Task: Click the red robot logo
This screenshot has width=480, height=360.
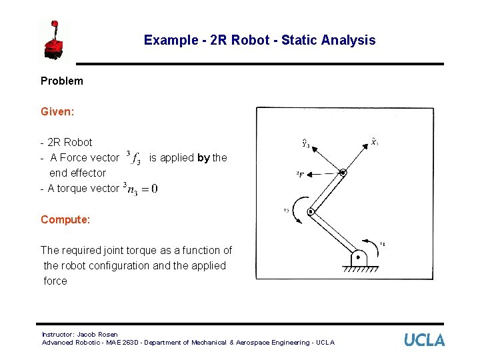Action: point(55,40)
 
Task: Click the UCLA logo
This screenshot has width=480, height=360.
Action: point(424,340)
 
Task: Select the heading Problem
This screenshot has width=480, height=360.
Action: point(62,81)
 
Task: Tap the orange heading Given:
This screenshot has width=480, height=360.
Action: point(57,111)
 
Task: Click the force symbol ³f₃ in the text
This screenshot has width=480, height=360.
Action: point(133,158)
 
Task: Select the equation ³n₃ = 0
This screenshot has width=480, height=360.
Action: point(141,189)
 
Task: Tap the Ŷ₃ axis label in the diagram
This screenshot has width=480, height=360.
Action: point(305,142)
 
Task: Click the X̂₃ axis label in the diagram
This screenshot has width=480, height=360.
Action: point(375,141)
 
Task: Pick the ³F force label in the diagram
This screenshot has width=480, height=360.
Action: point(301,174)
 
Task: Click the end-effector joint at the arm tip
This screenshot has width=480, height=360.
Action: point(343,173)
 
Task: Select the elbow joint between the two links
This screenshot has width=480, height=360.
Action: point(311,213)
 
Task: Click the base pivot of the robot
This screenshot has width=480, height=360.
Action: point(359,257)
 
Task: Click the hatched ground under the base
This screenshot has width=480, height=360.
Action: point(359,269)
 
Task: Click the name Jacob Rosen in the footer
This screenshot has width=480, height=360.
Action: point(97,334)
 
